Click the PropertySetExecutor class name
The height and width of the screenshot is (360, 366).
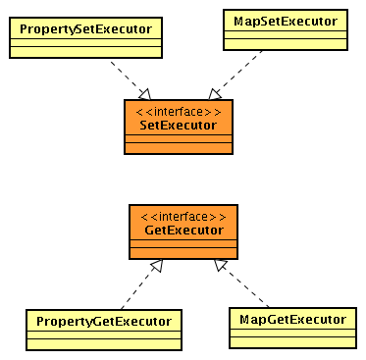[86, 26]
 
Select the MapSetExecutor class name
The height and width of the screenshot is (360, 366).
[285, 20]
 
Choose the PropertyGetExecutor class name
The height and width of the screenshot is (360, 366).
[104, 321]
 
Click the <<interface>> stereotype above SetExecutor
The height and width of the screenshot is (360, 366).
[179, 111]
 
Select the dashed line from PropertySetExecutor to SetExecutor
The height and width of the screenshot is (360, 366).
[126, 75]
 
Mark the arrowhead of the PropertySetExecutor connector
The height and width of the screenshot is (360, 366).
[143, 93]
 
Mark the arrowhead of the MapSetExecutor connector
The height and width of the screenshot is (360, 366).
[215, 94]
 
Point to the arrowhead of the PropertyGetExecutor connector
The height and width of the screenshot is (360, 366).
[155, 264]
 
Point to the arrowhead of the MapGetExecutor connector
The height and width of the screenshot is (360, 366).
[221, 264]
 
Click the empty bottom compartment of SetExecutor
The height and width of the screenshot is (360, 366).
[179, 148]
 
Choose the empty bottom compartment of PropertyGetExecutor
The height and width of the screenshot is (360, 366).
[104, 343]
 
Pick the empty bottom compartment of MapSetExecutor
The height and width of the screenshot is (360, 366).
[285, 43]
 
